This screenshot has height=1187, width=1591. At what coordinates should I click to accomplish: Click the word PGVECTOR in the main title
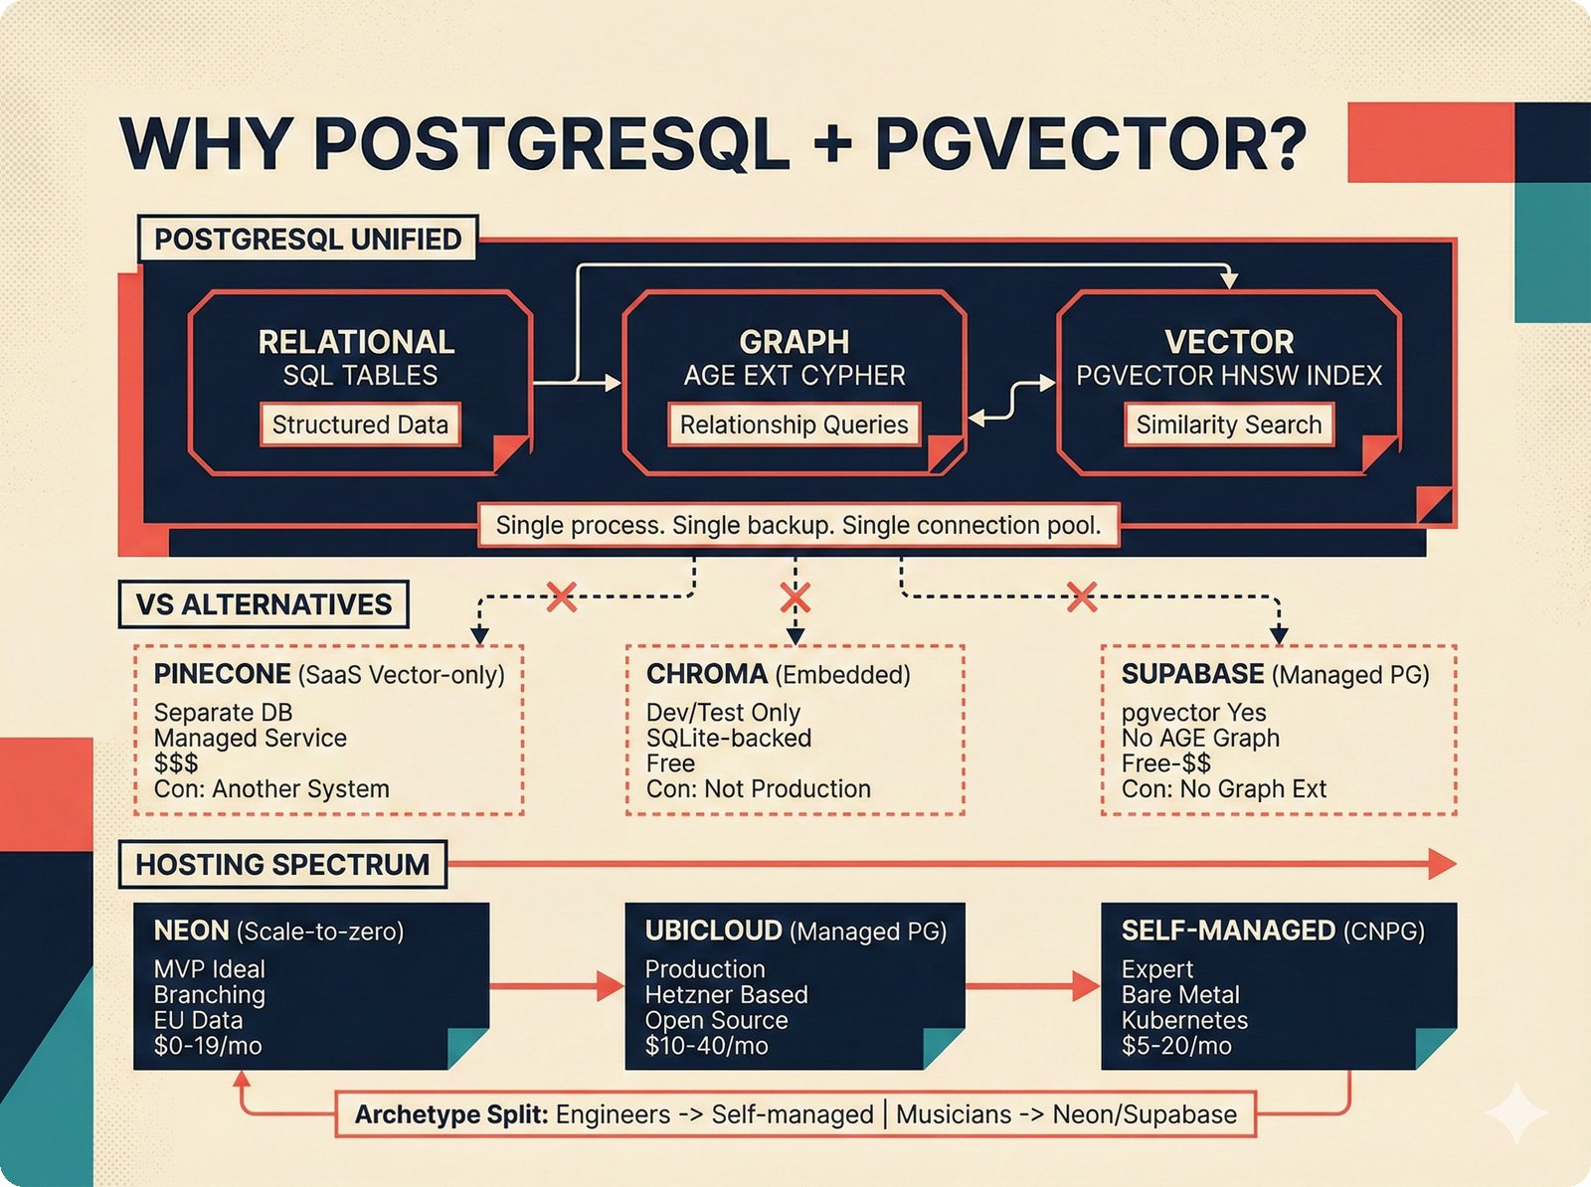(x=1090, y=144)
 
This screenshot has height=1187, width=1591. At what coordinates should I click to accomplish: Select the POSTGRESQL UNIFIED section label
(x=307, y=240)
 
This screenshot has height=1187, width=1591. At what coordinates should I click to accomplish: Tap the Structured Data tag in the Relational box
(x=360, y=424)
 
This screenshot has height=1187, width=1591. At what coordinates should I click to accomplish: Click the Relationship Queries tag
(x=794, y=424)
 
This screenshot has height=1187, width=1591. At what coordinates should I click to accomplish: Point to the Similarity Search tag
(x=1228, y=424)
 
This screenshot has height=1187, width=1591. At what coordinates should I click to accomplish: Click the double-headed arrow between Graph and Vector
(x=1011, y=400)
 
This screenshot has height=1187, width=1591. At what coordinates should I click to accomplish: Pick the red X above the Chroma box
(x=795, y=597)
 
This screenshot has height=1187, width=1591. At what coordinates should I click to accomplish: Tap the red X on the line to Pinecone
(x=562, y=597)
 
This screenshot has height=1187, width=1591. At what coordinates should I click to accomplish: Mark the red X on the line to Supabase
(x=1081, y=597)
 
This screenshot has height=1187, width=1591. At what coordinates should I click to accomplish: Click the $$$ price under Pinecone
(x=176, y=763)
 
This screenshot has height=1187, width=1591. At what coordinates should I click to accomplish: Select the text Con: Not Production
(x=758, y=789)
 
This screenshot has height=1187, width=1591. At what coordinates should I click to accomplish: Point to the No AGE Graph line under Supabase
(x=1200, y=738)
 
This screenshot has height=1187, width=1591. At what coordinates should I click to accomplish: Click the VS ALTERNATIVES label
(x=264, y=604)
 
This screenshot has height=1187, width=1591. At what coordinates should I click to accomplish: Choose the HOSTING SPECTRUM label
(x=282, y=865)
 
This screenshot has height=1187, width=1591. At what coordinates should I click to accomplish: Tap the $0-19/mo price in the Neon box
(x=208, y=1046)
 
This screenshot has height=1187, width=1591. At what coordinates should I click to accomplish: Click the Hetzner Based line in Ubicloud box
(x=726, y=995)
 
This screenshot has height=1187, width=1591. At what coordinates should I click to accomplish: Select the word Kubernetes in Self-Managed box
(x=1184, y=1020)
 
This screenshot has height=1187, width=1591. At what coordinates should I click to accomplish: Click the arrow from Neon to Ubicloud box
(x=557, y=986)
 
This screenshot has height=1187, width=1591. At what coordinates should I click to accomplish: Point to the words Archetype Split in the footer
(x=451, y=1114)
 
